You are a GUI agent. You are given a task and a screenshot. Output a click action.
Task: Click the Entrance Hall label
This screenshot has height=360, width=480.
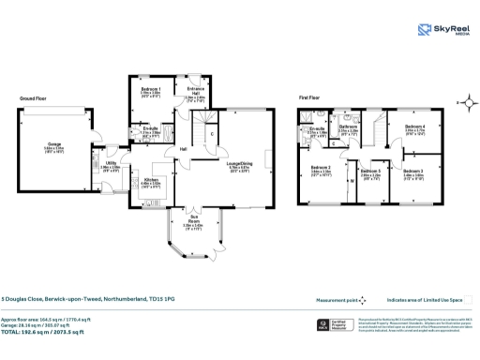pos(194,93)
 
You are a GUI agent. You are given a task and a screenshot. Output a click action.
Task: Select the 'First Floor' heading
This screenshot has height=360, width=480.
pos(311,97)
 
